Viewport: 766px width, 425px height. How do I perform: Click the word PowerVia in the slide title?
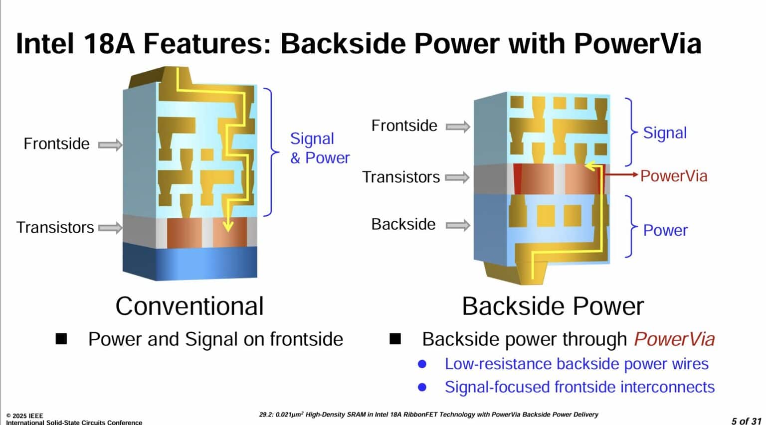pos(637,44)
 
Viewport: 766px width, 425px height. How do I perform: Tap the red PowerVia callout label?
pos(673,176)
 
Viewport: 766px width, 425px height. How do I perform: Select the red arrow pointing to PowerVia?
pos(621,175)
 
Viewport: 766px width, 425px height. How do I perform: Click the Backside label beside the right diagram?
pos(403,224)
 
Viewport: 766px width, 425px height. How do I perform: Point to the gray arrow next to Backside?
pos(457,225)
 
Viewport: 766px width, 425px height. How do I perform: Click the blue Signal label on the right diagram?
pos(664,133)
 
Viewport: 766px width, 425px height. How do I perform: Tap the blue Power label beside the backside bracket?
pos(665,230)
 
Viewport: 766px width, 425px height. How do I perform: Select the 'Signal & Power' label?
pos(319,148)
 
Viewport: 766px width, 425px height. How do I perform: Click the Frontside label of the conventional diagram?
pos(56,144)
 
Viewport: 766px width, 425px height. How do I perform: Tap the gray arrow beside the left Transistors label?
pos(110,228)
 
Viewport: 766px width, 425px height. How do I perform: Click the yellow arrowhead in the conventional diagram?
pos(228,227)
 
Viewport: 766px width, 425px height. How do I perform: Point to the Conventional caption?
pos(189,306)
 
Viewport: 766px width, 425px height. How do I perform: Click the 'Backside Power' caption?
pos(553,306)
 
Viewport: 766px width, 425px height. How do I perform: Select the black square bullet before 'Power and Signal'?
pos(61,339)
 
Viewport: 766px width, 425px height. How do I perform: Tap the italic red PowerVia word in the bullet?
pos(674,339)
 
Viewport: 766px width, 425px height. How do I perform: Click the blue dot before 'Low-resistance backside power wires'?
pos(422,364)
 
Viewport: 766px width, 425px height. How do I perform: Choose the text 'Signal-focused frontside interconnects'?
pos(579,387)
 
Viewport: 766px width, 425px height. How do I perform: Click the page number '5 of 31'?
pos(746,421)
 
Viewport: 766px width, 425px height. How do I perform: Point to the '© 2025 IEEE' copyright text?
pos(25,416)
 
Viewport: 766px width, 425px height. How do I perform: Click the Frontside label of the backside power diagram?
pos(404,126)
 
